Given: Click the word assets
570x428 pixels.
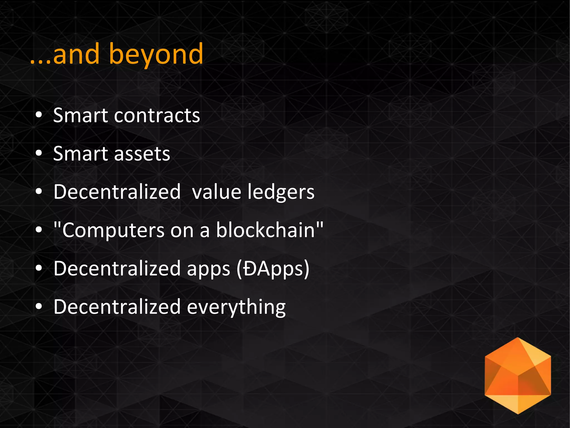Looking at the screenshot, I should click(x=142, y=154).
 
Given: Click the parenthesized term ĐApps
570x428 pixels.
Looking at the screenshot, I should click(x=273, y=269).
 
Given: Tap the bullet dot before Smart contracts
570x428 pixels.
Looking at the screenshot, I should click(x=39, y=115).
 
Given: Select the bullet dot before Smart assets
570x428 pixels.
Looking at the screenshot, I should click(x=39, y=153).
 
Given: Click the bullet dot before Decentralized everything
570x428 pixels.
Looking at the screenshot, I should click(x=39, y=306).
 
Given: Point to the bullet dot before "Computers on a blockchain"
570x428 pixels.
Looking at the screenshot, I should click(x=39, y=230).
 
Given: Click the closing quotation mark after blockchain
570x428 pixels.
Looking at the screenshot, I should click(x=320, y=224).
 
